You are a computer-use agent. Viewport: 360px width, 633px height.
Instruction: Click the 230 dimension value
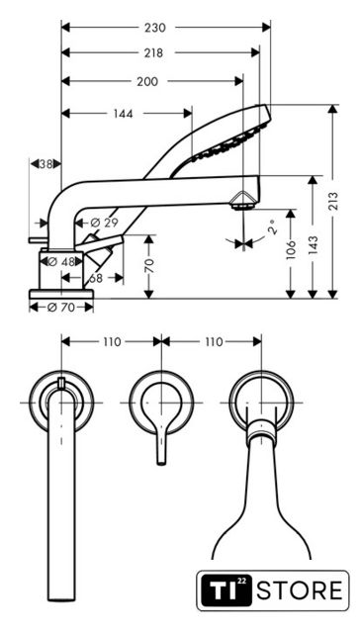click(155, 28)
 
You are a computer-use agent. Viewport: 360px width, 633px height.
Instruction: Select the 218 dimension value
click(153, 52)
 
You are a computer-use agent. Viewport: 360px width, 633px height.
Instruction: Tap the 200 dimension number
click(147, 81)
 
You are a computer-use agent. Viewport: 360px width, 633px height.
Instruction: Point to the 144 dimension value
click(123, 114)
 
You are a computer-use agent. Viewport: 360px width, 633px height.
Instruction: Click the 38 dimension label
click(46, 164)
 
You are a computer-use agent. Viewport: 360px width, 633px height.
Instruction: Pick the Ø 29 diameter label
click(104, 223)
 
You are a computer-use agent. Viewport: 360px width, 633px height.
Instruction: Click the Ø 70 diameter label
click(61, 308)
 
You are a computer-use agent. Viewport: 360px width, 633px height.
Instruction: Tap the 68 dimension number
click(96, 278)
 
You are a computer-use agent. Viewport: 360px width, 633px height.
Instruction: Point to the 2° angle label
click(273, 227)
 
